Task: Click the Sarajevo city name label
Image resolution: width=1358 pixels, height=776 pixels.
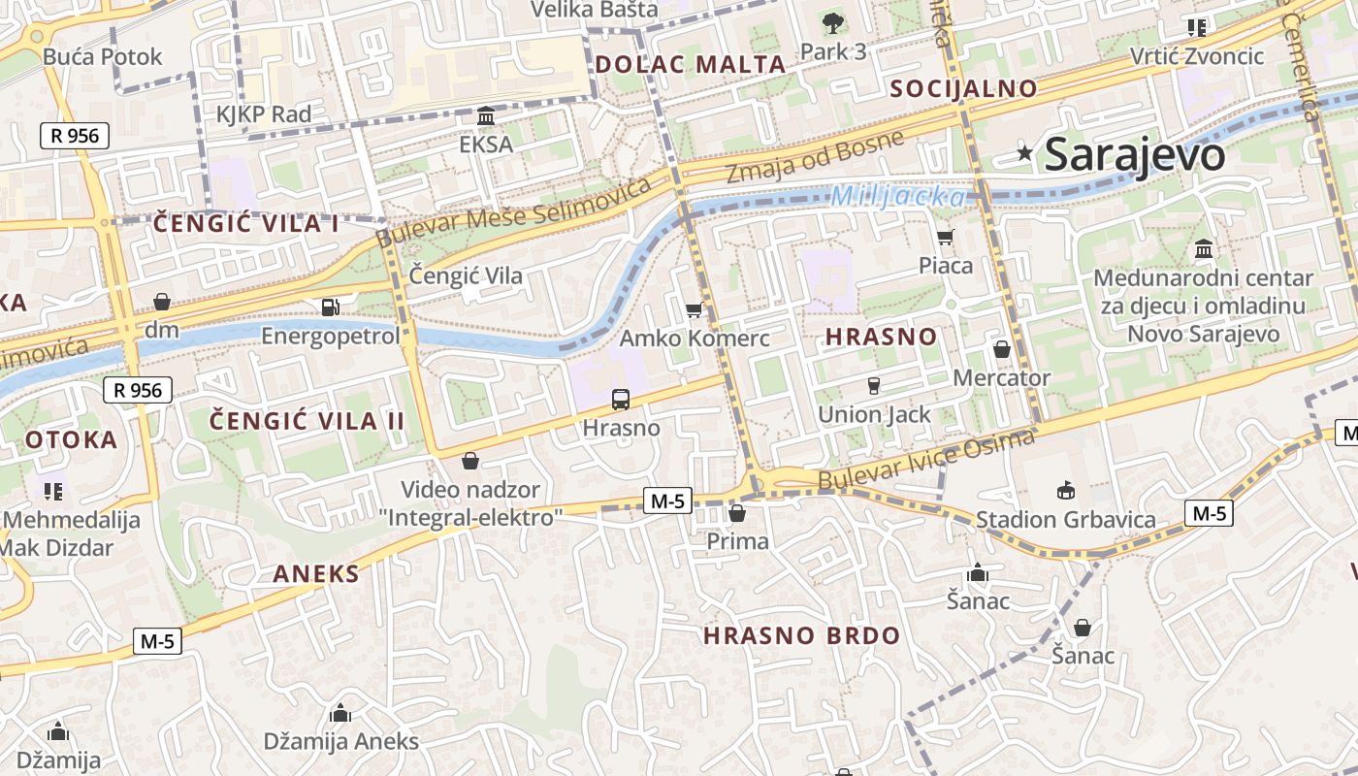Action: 1135,154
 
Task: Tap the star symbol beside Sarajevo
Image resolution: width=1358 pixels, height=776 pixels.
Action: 1024,152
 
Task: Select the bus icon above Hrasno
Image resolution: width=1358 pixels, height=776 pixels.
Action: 621,399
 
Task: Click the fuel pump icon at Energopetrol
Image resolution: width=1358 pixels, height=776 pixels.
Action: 330,307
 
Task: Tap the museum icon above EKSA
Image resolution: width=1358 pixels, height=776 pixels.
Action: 486,116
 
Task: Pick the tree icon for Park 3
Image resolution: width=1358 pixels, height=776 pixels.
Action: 832,23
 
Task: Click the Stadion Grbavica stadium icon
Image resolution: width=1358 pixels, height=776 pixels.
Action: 1066,490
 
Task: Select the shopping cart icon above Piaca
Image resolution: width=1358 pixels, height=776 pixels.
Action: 946,237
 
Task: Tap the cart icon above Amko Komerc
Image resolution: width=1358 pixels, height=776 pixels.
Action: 694,310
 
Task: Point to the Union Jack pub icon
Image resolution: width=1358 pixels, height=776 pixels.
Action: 873,386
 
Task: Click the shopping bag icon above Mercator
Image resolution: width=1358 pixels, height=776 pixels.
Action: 1002,349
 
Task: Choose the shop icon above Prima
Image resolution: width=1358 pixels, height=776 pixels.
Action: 737,513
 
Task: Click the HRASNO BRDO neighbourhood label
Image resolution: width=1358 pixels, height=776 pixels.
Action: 801,636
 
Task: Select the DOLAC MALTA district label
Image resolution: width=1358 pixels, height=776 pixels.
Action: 690,65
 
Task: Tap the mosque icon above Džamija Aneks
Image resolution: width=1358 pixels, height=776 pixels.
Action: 340,714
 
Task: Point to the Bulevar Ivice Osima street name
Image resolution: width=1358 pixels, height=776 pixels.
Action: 926,460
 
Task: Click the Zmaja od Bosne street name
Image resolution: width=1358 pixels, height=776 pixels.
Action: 815,158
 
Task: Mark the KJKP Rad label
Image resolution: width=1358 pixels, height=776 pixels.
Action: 264,114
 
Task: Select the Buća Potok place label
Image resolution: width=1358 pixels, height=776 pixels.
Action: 103,56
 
